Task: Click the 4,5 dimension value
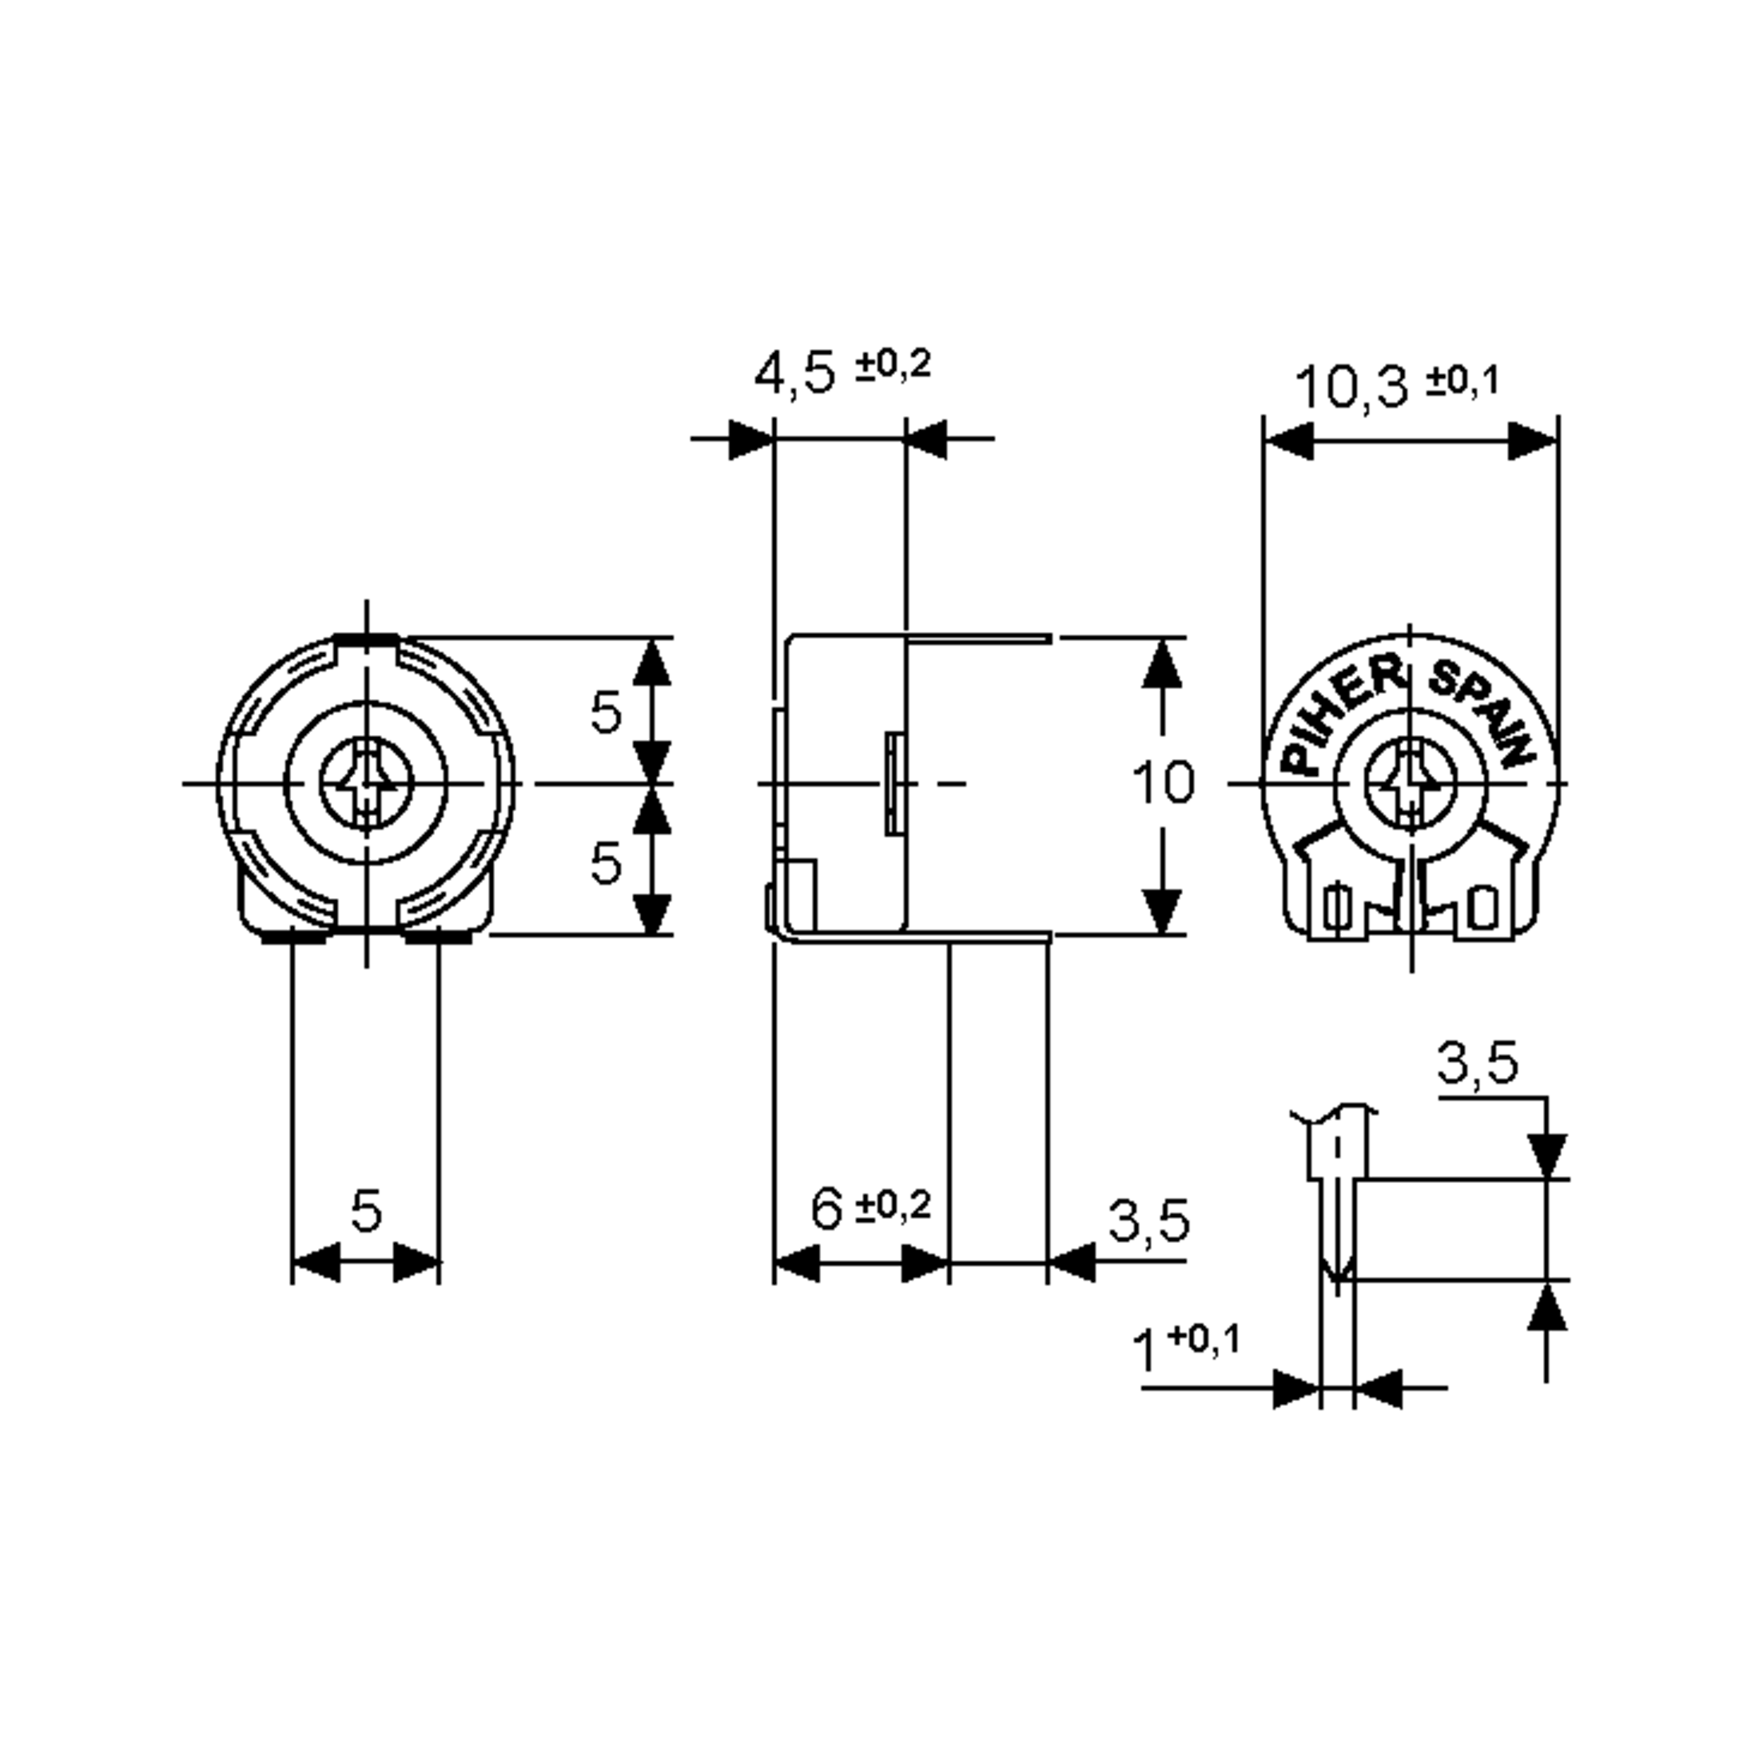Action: (794, 374)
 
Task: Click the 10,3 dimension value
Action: (1351, 387)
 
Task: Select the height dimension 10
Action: (1162, 783)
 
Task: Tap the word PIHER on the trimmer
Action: (1340, 717)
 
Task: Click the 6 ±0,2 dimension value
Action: (826, 1211)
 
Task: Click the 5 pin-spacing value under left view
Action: (366, 1211)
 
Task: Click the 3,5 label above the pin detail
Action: (1477, 1064)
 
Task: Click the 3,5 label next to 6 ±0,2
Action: (1148, 1222)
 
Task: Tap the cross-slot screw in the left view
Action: (366, 783)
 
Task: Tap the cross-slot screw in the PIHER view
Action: (1410, 783)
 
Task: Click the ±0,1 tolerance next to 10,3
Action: (1462, 382)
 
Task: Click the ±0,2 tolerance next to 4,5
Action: (894, 365)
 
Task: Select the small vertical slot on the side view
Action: (894, 783)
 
